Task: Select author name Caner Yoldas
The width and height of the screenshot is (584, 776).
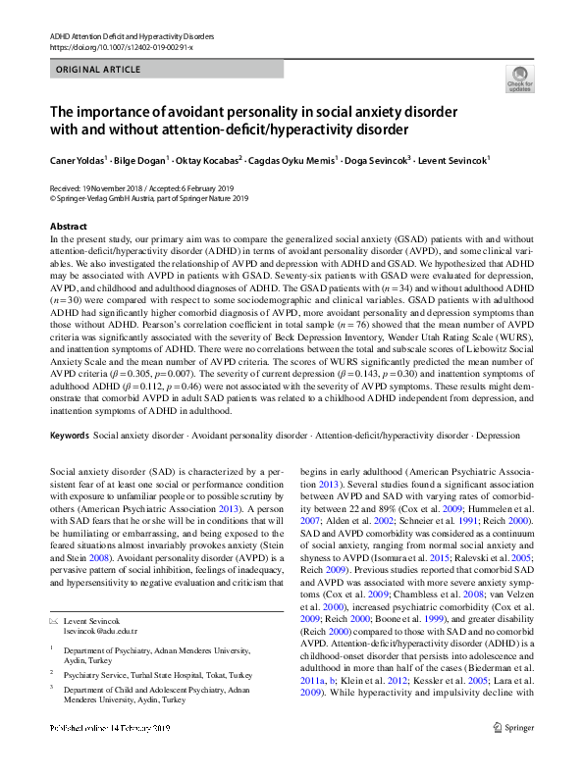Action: (x=80, y=159)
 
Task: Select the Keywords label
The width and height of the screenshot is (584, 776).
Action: (x=70, y=435)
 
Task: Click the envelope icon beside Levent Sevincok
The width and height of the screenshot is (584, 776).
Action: (x=54, y=622)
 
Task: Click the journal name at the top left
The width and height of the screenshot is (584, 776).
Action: (x=131, y=36)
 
